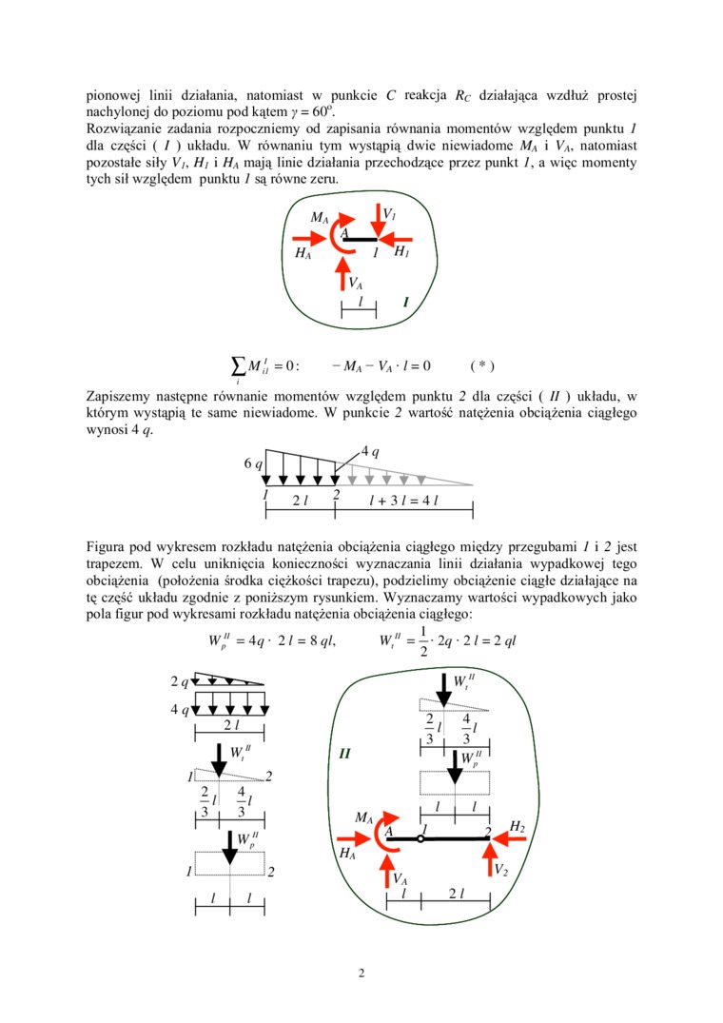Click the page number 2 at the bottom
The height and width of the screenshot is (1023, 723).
pyautogui.click(x=361, y=973)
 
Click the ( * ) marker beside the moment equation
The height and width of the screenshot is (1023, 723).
pyautogui.click(x=482, y=364)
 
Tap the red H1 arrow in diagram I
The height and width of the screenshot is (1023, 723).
pyautogui.click(x=399, y=239)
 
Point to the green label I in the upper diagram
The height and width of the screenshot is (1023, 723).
pyautogui.click(x=405, y=303)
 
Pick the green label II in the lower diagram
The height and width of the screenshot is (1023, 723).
pyautogui.click(x=346, y=755)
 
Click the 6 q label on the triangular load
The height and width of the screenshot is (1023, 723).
pyautogui.click(x=252, y=463)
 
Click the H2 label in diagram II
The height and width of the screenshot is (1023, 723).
pyautogui.click(x=518, y=826)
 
